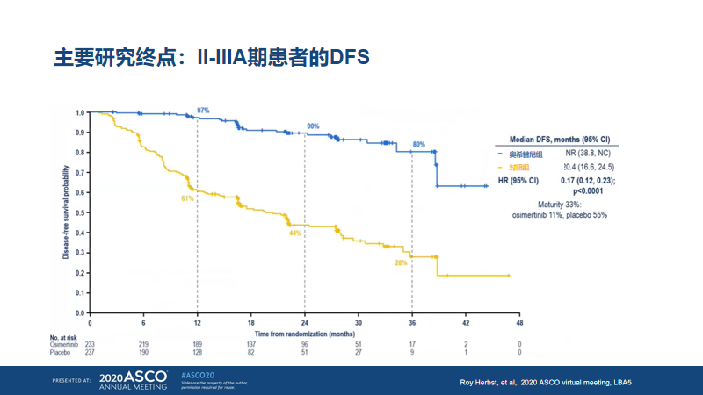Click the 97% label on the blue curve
point(203,111)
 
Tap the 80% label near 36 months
point(419,144)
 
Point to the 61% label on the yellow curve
point(187,198)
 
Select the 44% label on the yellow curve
point(295,233)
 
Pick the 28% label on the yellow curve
point(401,262)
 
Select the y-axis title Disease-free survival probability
point(67,212)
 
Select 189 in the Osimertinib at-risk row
point(197,345)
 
